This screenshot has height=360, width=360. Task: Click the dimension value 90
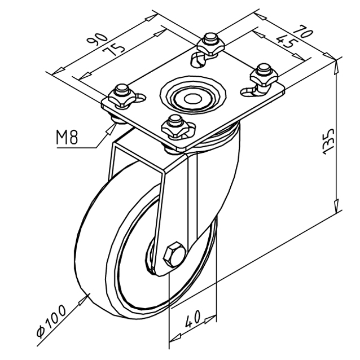pyautogui.click(x=97, y=39)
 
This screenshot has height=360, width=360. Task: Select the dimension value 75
pyautogui.click(x=114, y=50)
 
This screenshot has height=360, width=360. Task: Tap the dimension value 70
pyautogui.click(x=303, y=30)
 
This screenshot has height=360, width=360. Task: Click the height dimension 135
pyautogui.click(x=328, y=141)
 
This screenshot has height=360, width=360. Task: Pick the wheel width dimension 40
pyautogui.click(x=193, y=318)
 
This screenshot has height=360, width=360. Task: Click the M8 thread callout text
pyautogui.click(x=67, y=137)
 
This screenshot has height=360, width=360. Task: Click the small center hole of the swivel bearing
pyautogui.click(x=193, y=99)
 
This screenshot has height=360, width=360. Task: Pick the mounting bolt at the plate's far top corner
pyautogui.click(x=211, y=45)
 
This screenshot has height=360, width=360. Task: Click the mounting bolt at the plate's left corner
pyautogui.click(x=122, y=96)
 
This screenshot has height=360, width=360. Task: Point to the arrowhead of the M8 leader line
pyautogui.click(x=111, y=129)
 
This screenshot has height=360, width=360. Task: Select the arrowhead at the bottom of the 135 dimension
pyautogui.click(x=336, y=206)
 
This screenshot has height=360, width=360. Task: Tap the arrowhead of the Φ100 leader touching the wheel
pyautogui.click(x=84, y=300)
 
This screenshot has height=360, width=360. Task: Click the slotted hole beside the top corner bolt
pyautogui.click(x=197, y=59)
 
